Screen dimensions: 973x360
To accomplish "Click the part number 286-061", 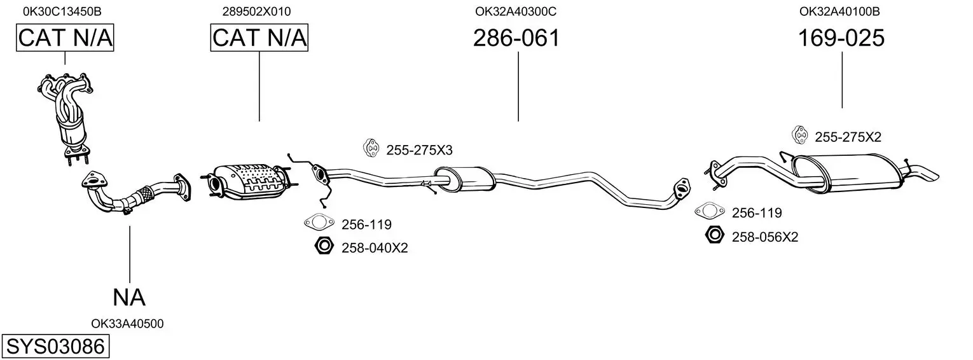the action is (x=516, y=38).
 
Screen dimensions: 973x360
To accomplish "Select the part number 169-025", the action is (x=841, y=38).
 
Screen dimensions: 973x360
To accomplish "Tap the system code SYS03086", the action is (x=55, y=347).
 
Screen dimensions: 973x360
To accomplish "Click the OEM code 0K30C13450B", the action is (x=62, y=11).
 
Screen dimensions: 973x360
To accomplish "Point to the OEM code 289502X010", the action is (x=257, y=11).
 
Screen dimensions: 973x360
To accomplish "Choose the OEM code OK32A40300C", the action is (x=516, y=11).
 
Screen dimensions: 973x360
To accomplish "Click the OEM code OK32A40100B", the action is (x=839, y=11).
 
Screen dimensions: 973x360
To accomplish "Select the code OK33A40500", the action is (x=127, y=324).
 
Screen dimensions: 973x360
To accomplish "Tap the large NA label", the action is (x=129, y=298).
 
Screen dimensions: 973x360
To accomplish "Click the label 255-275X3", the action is (x=420, y=150).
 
